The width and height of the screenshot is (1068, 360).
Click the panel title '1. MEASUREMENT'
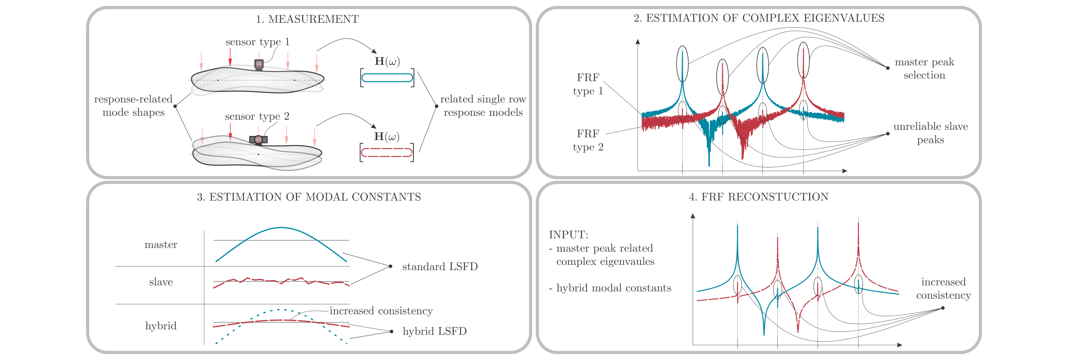pyautogui.click(x=307, y=19)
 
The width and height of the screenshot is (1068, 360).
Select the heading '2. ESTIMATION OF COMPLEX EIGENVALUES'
pyautogui.click(x=759, y=18)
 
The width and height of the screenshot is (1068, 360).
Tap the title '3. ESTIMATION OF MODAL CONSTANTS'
pyautogui.click(x=309, y=197)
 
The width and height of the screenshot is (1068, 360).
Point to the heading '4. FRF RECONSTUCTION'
pyautogui.click(x=758, y=197)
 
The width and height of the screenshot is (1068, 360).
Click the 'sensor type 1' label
pyautogui.click(x=257, y=42)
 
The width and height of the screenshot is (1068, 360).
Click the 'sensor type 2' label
pyautogui.click(x=257, y=117)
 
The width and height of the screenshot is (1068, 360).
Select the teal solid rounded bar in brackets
pyautogui.click(x=387, y=78)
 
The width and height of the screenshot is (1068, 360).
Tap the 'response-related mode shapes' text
pyautogui.click(x=133, y=106)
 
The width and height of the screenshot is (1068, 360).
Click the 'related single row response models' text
pyautogui.click(x=483, y=106)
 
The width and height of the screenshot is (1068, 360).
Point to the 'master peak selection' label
pyautogui.click(x=924, y=68)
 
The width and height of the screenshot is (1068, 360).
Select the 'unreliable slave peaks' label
pyautogui.click(x=930, y=133)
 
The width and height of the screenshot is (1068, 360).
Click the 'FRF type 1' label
pyautogui.click(x=588, y=84)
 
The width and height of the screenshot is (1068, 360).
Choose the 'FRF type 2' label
pyautogui.click(x=588, y=140)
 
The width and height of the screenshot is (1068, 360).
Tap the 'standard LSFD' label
pyautogui.click(x=440, y=267)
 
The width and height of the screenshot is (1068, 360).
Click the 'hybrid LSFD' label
pyautogui.click(x=434, y=331)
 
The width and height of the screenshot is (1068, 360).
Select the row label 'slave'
pyautogui.click(x=161, y=282)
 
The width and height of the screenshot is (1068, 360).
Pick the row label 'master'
pyautogui.click(x=161, y=245)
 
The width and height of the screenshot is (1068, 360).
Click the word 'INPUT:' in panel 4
pyautogui.click(x=569, y=235)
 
